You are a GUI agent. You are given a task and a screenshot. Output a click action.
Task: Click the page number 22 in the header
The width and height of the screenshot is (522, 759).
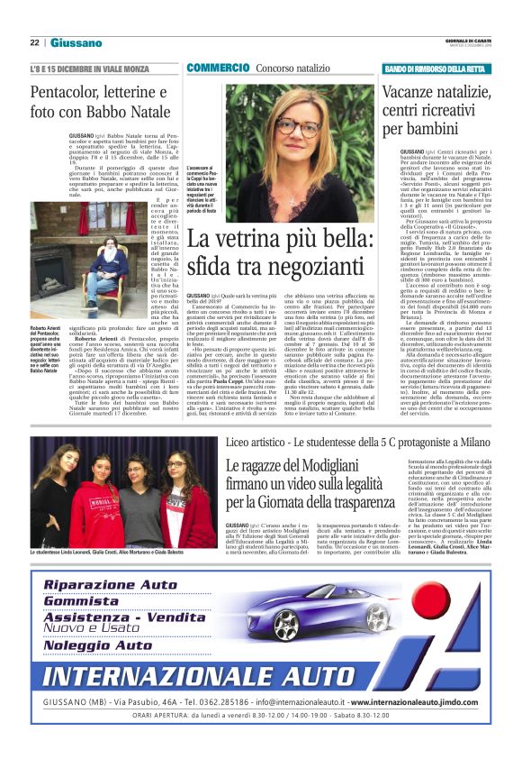point(34,42)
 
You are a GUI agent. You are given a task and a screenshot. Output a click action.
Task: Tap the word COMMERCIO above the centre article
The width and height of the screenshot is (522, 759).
point(218,69)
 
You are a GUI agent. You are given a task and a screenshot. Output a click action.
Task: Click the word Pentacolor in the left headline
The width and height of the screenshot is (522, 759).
point(67,94)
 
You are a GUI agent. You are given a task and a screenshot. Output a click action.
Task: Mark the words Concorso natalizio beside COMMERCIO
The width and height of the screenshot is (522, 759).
point(292,69)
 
